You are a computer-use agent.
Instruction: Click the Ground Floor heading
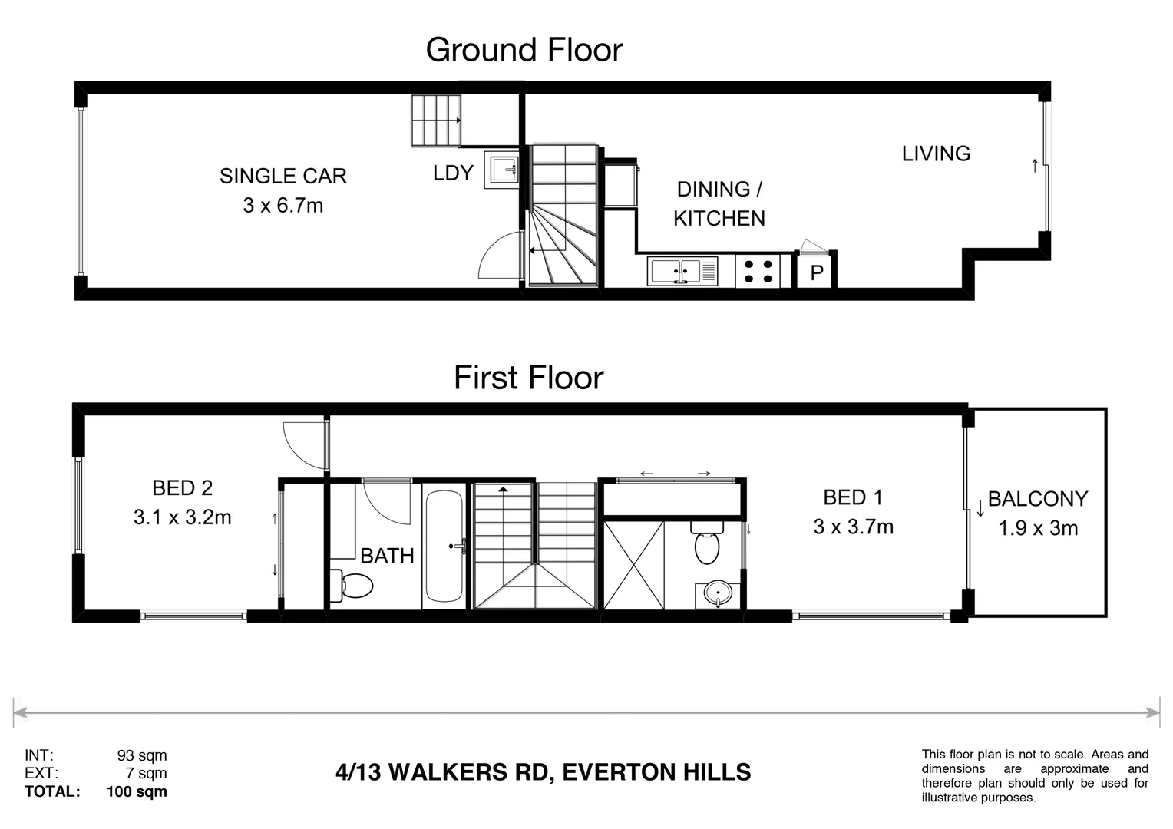point(524,50)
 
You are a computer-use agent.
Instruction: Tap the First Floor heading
point(528,378)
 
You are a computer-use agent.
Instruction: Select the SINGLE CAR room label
point(283,176)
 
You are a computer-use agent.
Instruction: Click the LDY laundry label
point(453,173)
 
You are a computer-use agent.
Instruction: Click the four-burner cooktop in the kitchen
point(758,271)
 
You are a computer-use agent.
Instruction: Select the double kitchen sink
point(682,271)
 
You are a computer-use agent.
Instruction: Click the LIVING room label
point(936,154)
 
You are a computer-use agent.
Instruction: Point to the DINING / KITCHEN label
point(719,203)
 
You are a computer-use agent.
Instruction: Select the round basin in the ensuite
point(718,594)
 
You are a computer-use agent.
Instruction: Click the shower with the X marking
point(633,565)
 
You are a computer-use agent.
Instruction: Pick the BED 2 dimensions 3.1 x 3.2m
point(182,517)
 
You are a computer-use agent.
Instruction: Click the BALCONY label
point(1038,499)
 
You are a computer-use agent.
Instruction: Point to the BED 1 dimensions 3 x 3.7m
point(853,527)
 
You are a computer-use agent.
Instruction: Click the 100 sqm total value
point(137,791)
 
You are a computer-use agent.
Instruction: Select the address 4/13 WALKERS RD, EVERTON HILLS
point(543,772)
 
